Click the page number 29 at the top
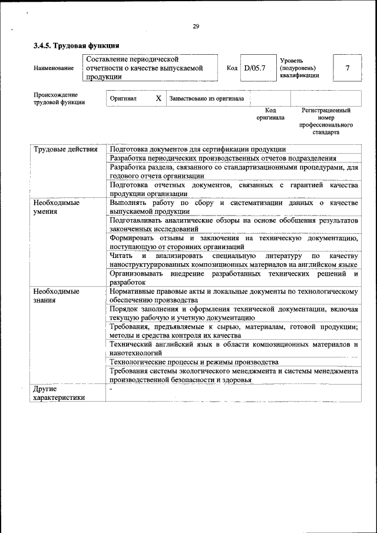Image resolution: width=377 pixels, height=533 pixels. pos(196,25)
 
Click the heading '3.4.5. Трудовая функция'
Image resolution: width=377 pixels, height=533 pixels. pos(77,45)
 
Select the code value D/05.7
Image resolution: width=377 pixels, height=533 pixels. pos(255,68)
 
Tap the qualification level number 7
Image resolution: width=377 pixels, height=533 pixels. pos(348,68)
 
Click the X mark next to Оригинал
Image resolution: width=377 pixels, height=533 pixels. pos(158,98)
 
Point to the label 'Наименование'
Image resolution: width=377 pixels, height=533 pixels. pos(54,68)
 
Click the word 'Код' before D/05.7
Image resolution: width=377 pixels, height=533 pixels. pos(232,68)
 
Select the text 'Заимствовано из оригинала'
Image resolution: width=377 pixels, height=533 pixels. pos(207,98)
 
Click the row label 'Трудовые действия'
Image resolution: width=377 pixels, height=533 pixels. pos(65,150)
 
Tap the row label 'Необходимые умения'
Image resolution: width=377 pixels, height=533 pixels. pos(57,207)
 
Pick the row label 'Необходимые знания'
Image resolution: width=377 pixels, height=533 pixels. pos(57,296)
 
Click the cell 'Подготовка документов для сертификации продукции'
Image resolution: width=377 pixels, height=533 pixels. pos(198,150)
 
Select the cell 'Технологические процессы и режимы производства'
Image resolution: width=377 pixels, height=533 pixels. pos(194,362)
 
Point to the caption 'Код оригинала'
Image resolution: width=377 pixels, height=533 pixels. pos(270,114)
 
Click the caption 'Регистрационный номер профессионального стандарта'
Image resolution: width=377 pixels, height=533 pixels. pos(326,121)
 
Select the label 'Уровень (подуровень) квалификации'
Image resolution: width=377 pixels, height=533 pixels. pos(300,68)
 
